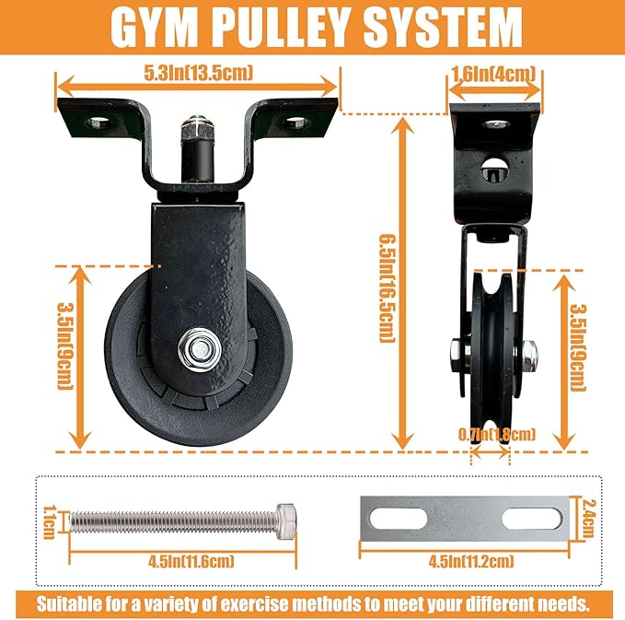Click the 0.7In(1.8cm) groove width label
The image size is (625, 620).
(497, 434)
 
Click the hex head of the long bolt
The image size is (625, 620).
(286, 521)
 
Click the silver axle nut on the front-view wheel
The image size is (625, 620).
(198, 349)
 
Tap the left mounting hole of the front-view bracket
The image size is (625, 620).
(96, 121)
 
